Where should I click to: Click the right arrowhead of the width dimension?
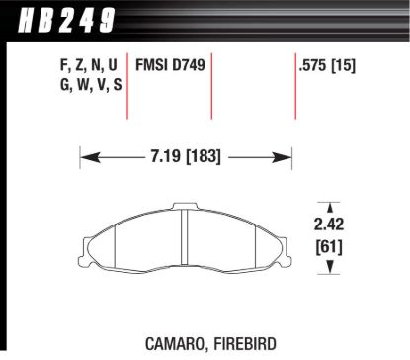(x=290, y=156)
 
